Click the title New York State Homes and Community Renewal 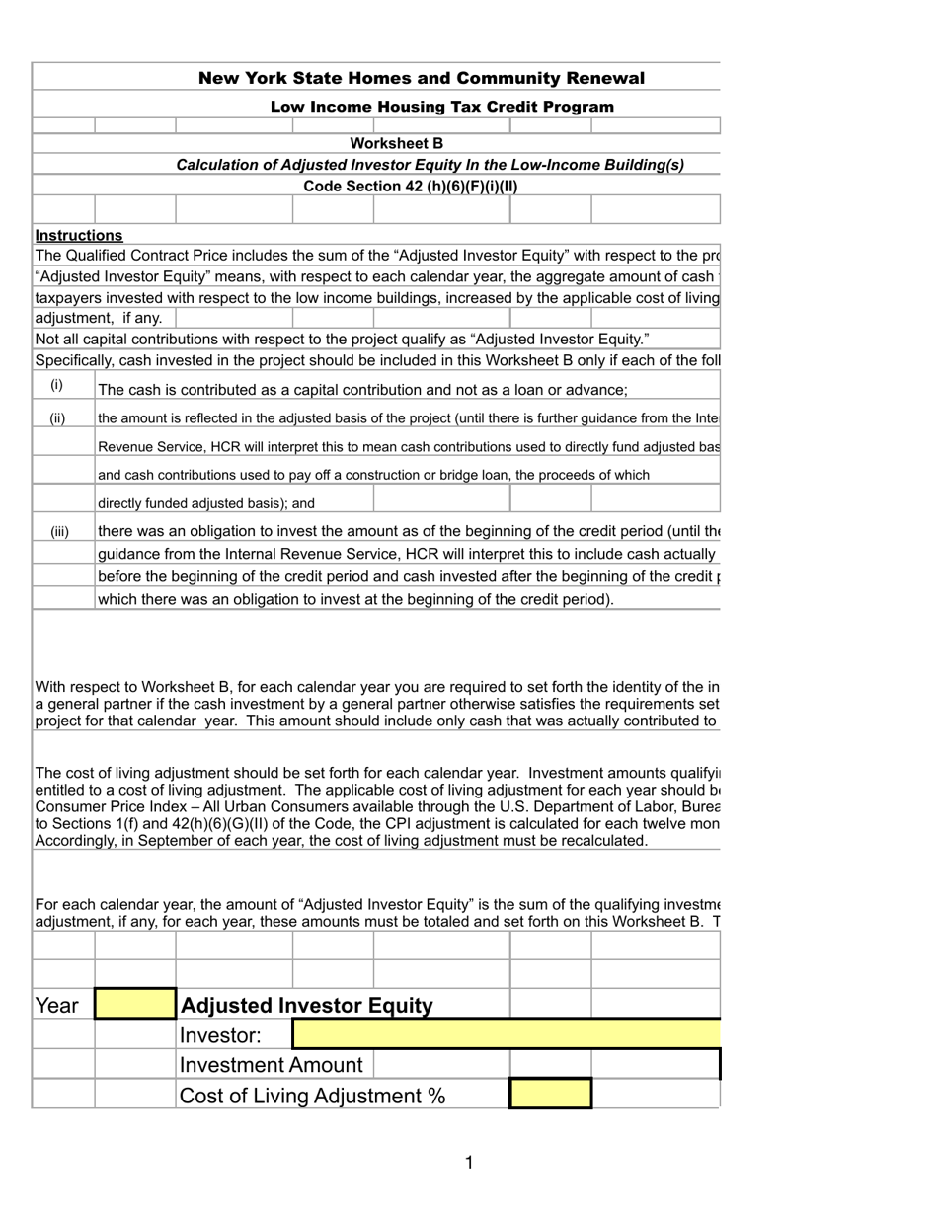click(x=422, y=78)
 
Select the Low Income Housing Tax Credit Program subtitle click(x=441, y=107)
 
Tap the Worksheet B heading click(x=397, y=143)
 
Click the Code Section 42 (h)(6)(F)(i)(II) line click(x=410, y=186)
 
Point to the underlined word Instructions click(x=79, y=235)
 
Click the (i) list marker click(x=57, y=385)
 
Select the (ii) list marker click(x=58, y=417)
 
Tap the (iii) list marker click(x=60, y=531)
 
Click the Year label click(x=56, y=1005)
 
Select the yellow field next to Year click(x=135, y=1004)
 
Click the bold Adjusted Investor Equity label click(x=306, y=1005)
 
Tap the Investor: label click(x=220, y=1035)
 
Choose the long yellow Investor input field click(x=507, y=1034)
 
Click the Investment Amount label click(x=271, y=1065)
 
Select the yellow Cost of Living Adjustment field click(x=550, y=1095)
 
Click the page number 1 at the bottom click(x=469, y=1163)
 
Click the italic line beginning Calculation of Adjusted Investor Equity click(x=430, y=165)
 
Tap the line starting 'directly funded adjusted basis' click(x=206, y=503)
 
